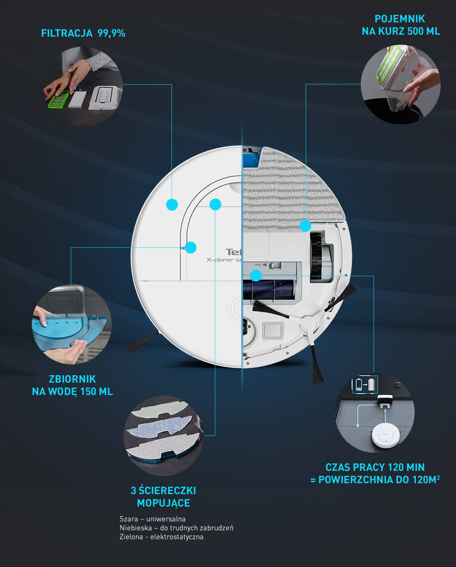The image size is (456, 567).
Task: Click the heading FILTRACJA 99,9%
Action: tap(83, 33)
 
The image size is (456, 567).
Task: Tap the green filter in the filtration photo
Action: tap(58, 99)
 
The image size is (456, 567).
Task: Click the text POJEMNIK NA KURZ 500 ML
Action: tap(400, 25)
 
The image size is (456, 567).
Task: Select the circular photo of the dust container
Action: tap(400, 84)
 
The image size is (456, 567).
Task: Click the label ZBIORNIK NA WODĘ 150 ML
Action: tap(72, 385)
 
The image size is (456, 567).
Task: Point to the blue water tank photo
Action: tap(71, 324)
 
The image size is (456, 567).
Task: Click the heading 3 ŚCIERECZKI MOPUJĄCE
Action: tap(164, 497)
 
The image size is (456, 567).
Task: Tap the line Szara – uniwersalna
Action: tap(152, 519)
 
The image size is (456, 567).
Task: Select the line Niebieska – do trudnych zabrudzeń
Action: tap(176, 528)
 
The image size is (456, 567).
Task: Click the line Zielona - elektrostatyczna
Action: tap(161, 537)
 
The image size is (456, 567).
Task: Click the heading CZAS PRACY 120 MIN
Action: tap(375, 467)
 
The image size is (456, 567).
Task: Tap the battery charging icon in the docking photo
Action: tap(365, 385)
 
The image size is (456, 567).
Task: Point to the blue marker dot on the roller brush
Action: tap(256, 276)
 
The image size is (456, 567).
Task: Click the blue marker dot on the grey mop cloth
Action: tap(305, 226)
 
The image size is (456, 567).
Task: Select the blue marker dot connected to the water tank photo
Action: tap(190, 248)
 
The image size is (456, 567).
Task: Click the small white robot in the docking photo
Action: tap(386, 435)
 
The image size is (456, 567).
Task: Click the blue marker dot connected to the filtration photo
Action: tap(172, 205)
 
